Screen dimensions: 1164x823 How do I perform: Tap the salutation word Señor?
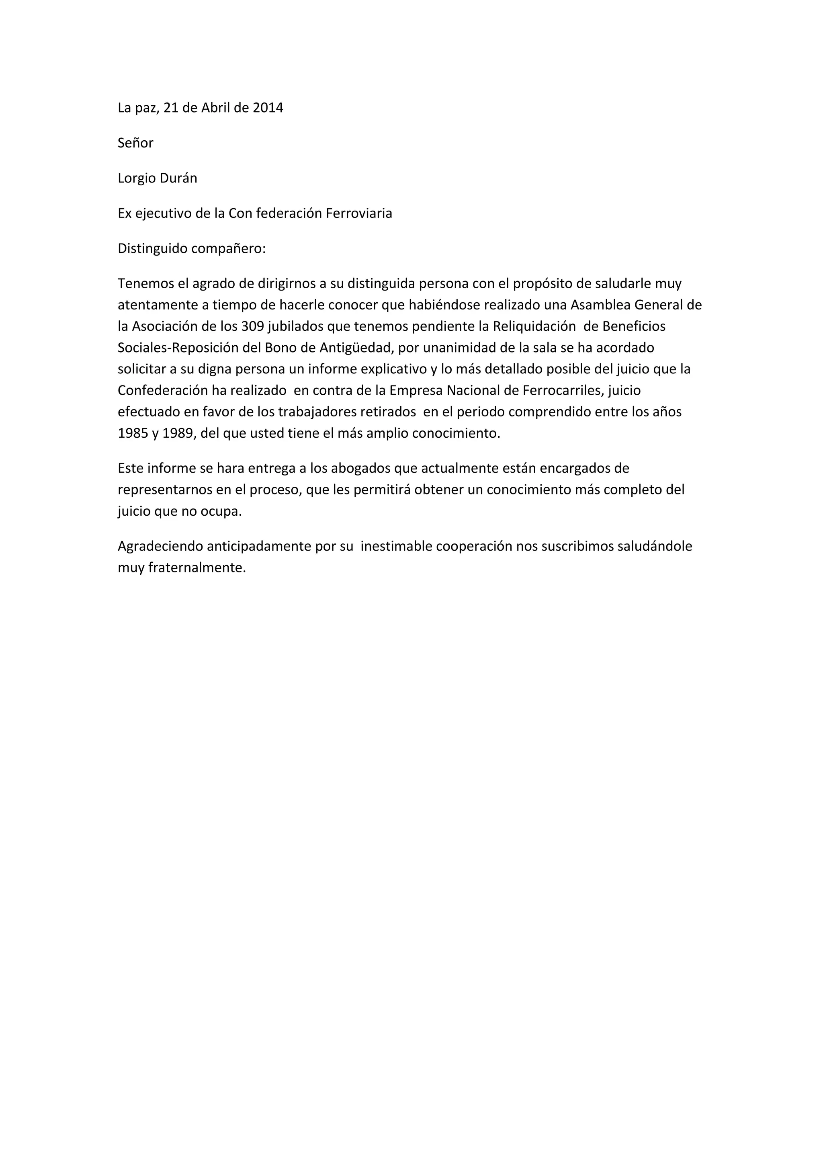135,143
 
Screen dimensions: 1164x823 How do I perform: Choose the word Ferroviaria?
359,213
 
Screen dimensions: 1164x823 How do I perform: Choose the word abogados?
360,468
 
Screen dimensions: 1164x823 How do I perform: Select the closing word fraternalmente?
197,568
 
